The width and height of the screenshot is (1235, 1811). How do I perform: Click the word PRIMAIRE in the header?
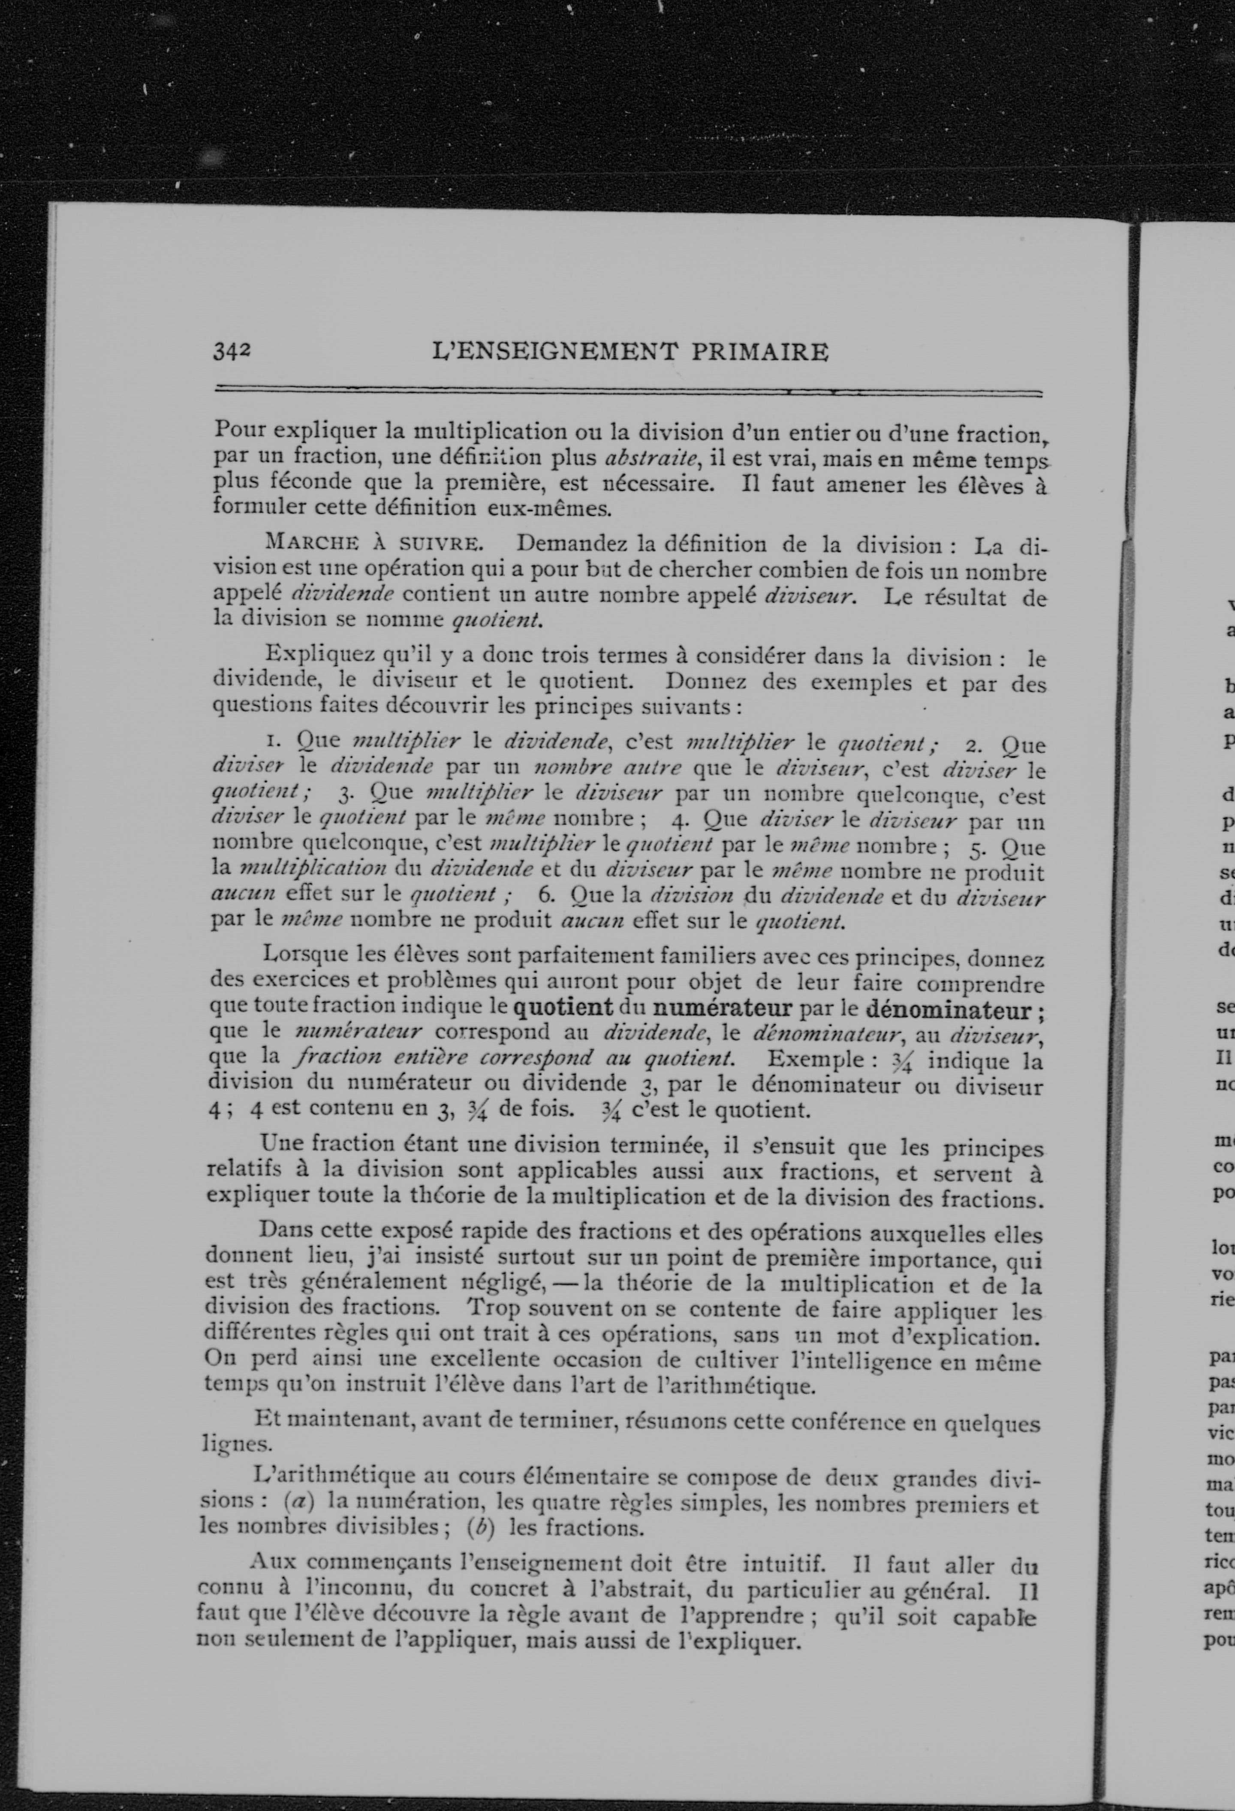[x=760, y=352]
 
